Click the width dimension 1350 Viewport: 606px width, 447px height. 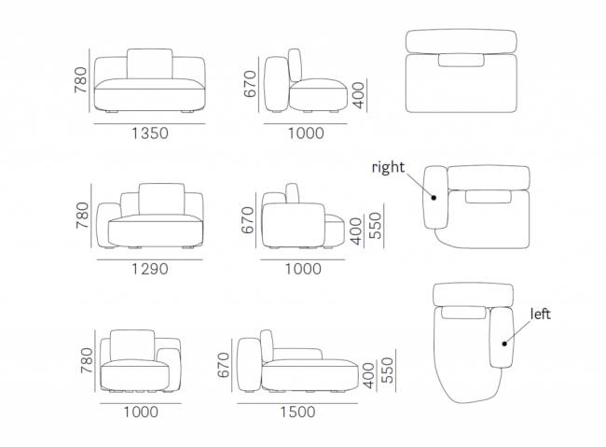click(150, 133)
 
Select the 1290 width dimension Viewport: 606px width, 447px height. click(150, 269)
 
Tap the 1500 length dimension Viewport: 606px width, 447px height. click(297, 412)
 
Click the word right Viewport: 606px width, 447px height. click(388, 167)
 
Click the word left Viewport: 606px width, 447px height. click(541, 314)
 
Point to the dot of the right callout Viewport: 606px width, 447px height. click(434, 198)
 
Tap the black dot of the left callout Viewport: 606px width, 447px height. click(504, 343)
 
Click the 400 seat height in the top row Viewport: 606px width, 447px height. click(359, 95)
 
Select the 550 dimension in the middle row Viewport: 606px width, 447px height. click(375, 226)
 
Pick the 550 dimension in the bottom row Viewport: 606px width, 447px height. click(387, 370)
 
